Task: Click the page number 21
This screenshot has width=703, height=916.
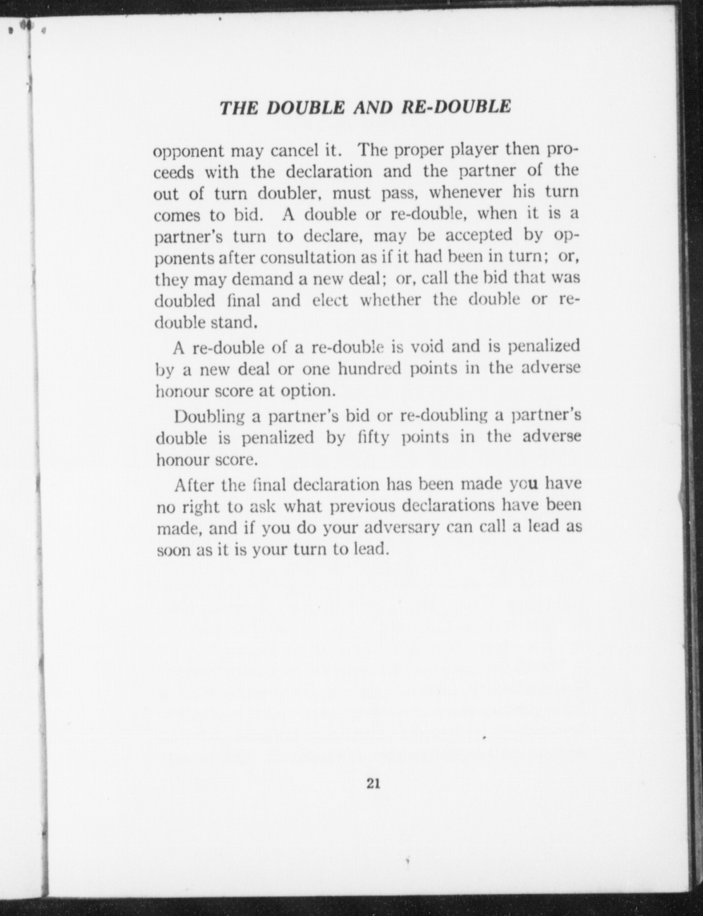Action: point(374,783)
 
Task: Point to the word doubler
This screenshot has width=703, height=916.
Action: point(289,193)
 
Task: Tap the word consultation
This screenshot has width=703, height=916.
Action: point(308,257)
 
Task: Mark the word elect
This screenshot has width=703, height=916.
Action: point(330,300)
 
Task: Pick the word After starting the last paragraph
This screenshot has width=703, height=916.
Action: point(194,485)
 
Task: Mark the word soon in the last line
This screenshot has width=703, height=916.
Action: point(174,550)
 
